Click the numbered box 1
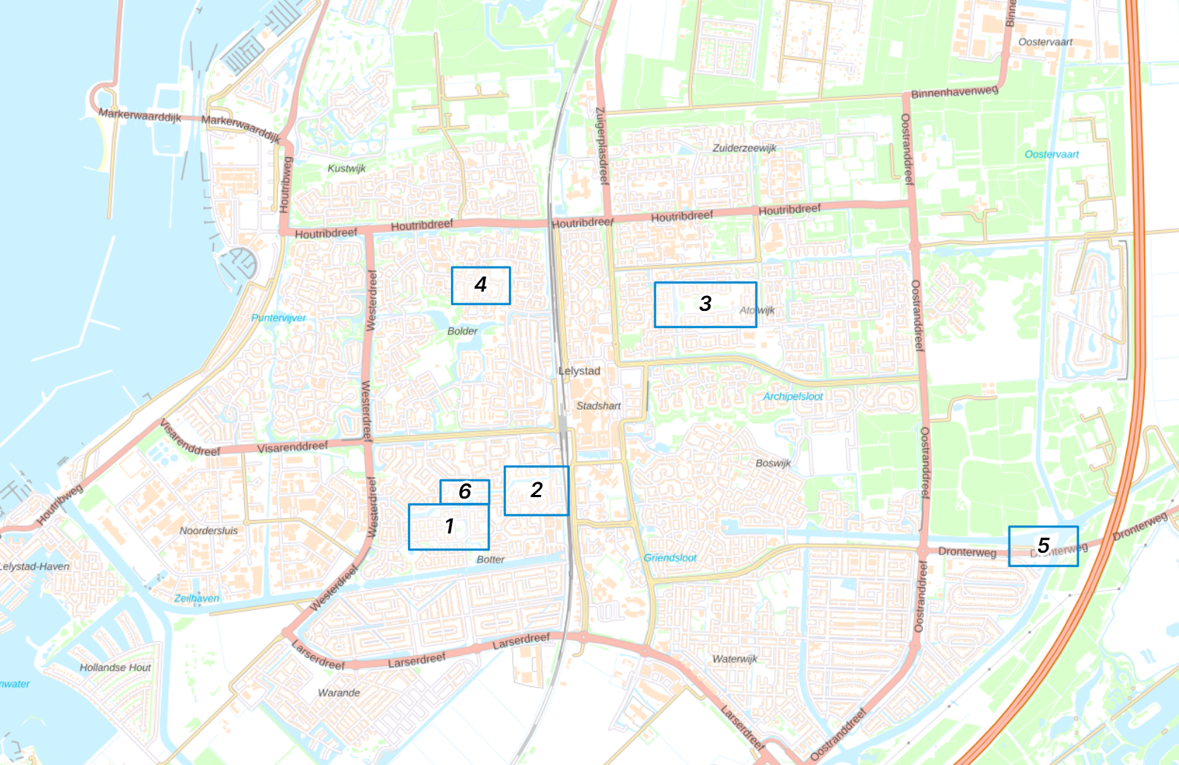[x=448, y=527]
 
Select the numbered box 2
[x=536, y=490]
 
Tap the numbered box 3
[x=705, y=304]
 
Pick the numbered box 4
[x=481, y=285]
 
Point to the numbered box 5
[x=1042, y=546]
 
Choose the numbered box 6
[x=464, y=491]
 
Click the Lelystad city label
[x=579, y=371]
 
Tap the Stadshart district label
[x=598, y=406]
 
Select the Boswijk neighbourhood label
[x=773, y=463]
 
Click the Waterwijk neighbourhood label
[x=735, y=659]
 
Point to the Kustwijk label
[x=347, y=168]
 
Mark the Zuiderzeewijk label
[x=744, y=148]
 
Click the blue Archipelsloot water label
[x=792, y=396]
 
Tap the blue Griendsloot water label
[x=670, y=558]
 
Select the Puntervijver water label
[x=278, y=318]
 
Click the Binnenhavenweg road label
[x=954, y=92]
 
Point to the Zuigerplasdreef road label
[x=601, y=145]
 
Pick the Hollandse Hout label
[x=115, y=668]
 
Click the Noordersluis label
[x=208, y=531]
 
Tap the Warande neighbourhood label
[x=338, y=693]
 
